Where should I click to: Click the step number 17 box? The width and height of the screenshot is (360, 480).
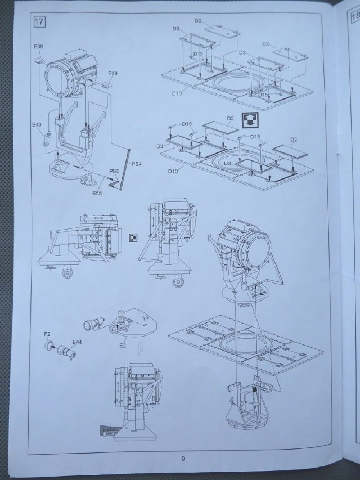coord(39,23)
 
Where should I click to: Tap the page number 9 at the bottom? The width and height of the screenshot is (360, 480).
coord(183,459)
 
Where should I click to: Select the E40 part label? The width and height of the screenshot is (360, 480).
coord(37,124)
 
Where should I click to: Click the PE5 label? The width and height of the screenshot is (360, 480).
coord(114,171)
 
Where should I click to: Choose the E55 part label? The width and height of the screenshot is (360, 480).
coord(97,193)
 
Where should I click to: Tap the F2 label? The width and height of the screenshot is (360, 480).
coord(47,334)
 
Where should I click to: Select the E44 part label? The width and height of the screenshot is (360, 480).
coord(76,342)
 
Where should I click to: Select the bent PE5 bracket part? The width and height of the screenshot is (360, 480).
coord(114,184)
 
